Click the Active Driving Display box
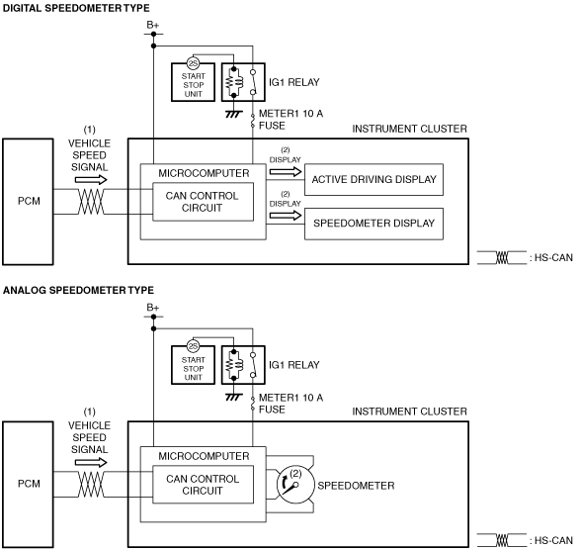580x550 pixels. [x=373, y=180]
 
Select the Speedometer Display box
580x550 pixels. [x=373, y=224]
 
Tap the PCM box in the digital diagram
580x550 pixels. [x=28, y=202]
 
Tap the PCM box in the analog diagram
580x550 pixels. [x=28, y=485]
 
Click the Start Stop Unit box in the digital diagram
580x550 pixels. [x=193, y=82]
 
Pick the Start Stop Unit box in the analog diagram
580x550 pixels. [x=193, y=365]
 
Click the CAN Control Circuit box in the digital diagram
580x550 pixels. [x=204, y=202]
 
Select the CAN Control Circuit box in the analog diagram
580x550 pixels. [x=204, y=485]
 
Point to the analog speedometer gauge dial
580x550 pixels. [x=294, y=485]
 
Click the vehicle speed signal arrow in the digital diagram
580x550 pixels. [x=91, y=180]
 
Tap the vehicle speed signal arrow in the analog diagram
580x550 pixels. [x=91, y=462]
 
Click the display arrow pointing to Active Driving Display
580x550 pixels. [x=286, y=171]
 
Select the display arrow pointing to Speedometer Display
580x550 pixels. [x=286, y=216]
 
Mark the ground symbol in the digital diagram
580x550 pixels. [x=234, y=114]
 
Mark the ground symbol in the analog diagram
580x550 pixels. [x=234, y=397]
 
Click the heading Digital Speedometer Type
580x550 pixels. [x=76, y=8]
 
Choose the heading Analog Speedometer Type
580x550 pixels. [x=78, y=290]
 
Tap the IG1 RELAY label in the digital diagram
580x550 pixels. [x=294, y=82]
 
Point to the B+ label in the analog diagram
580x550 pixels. [x=153, y=308]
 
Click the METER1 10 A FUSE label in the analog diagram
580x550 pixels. [x=290, y=404]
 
